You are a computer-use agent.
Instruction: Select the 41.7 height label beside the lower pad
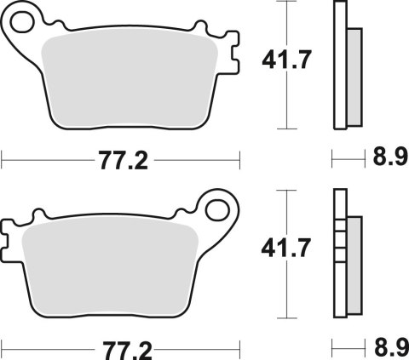click(283, 248)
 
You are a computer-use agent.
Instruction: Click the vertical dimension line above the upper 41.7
click(283, 21)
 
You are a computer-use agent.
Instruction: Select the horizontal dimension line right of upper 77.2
click(196, 158)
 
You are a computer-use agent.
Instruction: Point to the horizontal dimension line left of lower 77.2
click(43, 347)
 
